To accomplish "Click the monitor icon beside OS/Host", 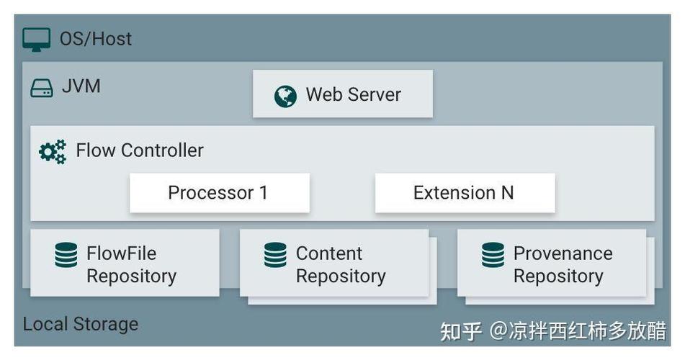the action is pos(36,40).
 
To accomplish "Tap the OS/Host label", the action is pos(96,39).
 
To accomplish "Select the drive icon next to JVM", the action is pos(42,88).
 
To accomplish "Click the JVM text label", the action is pos(81,86).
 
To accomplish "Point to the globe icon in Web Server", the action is pos(285,96).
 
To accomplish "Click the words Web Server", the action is pos(354,94).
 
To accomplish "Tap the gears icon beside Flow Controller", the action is pos(53,152).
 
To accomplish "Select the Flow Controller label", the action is pos(140,150).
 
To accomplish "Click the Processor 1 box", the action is pos(220,193).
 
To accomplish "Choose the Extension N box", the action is pos(465,193).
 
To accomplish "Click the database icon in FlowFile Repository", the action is pos(66,255).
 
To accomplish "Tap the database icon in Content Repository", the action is pos(276,255).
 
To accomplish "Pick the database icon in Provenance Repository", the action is pos(493,255).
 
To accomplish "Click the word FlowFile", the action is pos(122,253).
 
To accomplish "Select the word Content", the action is pos(329,253).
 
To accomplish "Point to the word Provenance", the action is pos(563,253).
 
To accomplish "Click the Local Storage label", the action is pos(81,324).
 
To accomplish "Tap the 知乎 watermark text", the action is pos(461,331).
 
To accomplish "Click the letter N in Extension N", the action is pos(507,193).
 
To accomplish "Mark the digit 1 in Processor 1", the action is pos(264,193).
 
